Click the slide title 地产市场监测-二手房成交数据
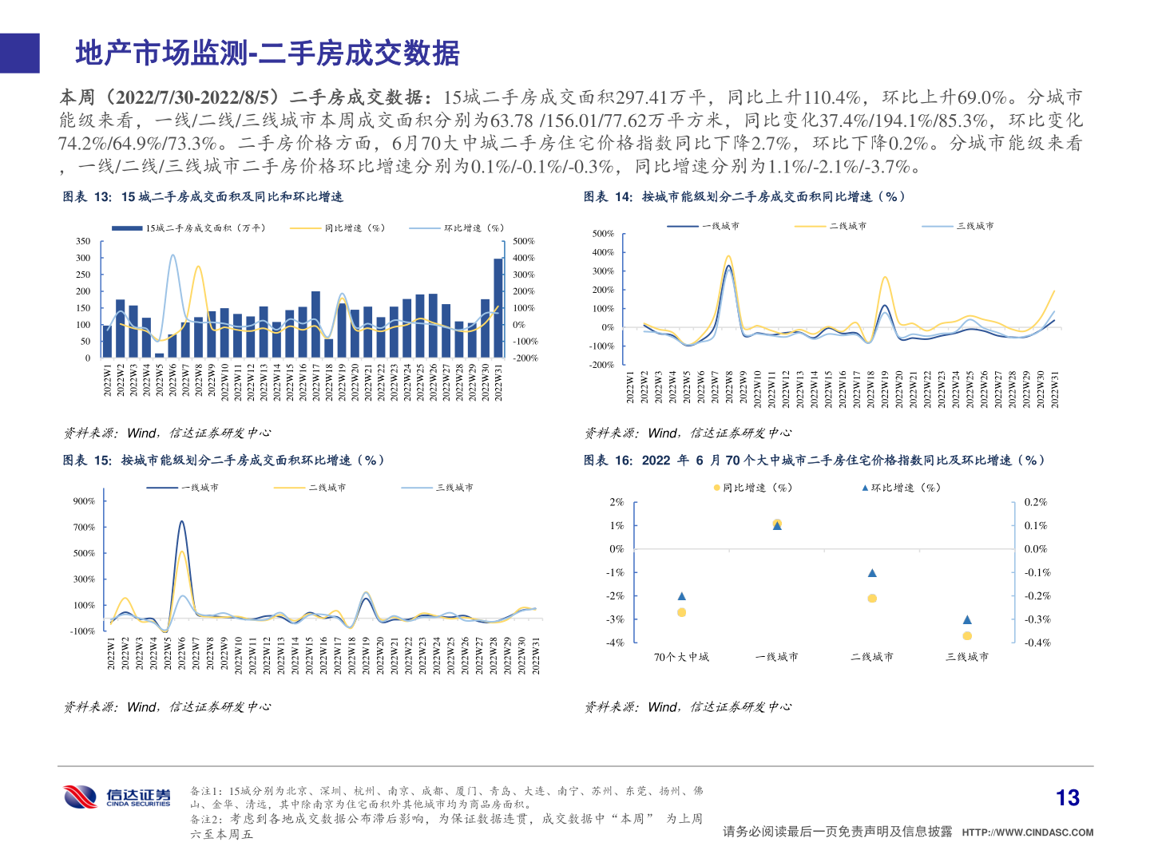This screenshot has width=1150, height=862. pos(268,53)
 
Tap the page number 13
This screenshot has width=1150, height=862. pos(1067,797)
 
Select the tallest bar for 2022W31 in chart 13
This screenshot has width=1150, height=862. pos(498,307)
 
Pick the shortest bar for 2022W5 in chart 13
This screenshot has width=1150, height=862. pos(159,355)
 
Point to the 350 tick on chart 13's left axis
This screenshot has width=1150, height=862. pos(83,241)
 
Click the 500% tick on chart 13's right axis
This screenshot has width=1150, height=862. pos(524,241)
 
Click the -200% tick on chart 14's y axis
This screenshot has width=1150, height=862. pos(601,365)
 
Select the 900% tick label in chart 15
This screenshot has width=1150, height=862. pos(84,501)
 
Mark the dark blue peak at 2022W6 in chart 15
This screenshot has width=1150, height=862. pos(181,522)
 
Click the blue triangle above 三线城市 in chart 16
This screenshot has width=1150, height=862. pos(967,619)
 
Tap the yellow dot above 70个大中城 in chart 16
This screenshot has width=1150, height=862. pos(681,612)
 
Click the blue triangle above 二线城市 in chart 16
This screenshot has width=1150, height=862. pos(872,573)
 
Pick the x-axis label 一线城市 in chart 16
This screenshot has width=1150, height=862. pos(776,657)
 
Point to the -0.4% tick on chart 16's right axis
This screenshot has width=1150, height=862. pos(1037,643)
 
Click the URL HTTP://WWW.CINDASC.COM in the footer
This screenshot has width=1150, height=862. pos(1027,832)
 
